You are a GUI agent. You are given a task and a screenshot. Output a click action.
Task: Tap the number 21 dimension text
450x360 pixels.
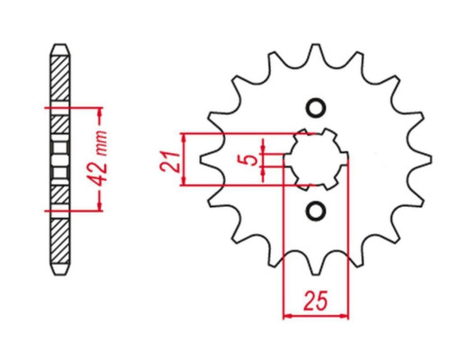[169, 161]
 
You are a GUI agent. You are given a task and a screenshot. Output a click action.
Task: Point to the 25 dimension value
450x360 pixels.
[316, 301]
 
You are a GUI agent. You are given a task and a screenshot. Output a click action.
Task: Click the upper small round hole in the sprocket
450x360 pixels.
[315, 108]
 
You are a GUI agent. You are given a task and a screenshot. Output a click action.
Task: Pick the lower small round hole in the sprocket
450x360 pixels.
[315, 211]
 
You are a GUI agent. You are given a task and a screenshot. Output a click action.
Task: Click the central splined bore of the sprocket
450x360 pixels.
[316, 159]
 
